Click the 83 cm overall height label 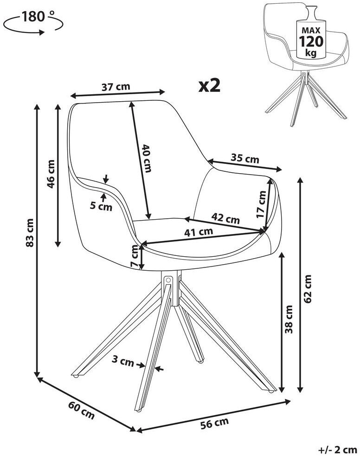click(30, 233)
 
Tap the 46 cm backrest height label click(51, 174)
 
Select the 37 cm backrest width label click(116, 87)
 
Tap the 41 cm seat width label click(199, 232)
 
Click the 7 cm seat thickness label click(135, 255)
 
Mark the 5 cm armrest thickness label click(101, 206)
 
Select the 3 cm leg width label click(123, 361)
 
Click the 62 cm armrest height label click(308, 288)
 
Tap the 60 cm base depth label click(82, 410)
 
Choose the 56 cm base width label click(215, 423)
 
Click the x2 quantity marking click(209, 85)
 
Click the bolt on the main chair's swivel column click(168, 280)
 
